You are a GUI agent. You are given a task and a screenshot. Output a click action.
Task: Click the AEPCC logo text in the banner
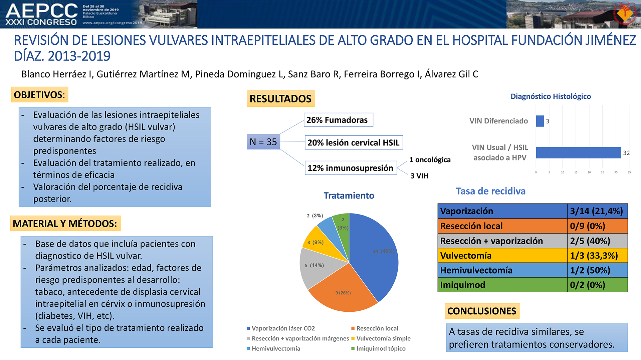point(42,11)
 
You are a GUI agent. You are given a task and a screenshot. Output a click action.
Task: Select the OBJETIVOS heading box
point(40,94)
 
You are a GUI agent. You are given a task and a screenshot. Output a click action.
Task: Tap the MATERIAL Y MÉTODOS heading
point(65,223)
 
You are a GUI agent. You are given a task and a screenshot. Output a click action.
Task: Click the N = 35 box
point(263,141)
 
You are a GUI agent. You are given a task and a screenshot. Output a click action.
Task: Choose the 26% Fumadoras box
point(339,120)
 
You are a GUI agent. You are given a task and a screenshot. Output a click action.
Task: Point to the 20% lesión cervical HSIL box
point(354,142)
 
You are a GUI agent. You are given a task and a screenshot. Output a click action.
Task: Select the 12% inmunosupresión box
point(351,168)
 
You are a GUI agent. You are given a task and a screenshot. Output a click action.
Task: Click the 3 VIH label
point(419,176)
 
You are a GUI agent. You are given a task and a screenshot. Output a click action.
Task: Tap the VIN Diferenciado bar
point(540,121)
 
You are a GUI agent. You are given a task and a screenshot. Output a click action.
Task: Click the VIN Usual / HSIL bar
point(579,152)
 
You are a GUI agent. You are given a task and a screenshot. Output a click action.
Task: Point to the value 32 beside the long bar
point(626,153)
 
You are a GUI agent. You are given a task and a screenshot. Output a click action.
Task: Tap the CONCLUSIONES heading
point(482,311)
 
